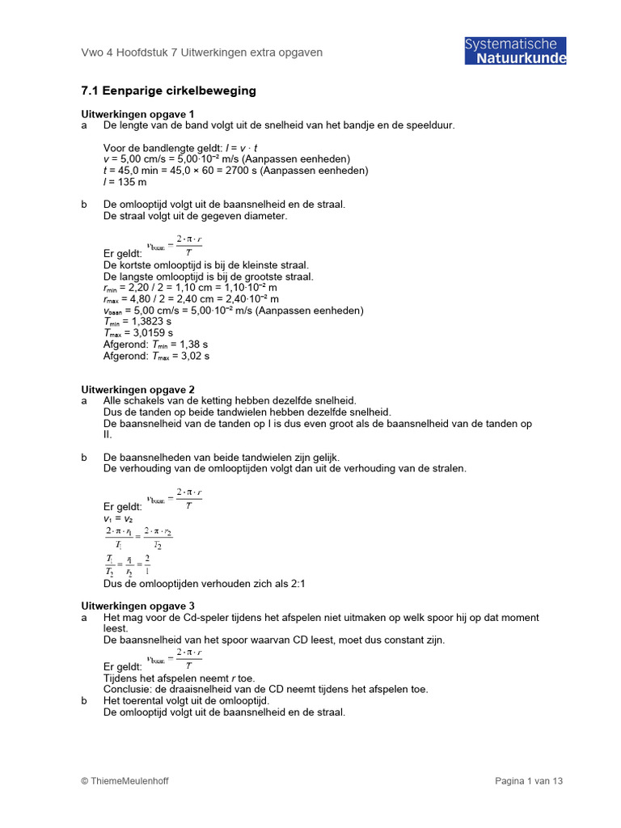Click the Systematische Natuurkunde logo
tap(515, 51)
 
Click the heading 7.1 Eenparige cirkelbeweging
tap(168, 91)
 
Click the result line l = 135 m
tap(125, 182)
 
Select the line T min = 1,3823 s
tap(137, 321)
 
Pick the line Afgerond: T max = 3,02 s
tap(156, 355)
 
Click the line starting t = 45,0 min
tap(235, 171)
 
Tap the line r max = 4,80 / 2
tap(190, 298)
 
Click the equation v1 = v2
tap(118, 518)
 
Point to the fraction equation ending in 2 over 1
tap(128, 564)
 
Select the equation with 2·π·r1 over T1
tap(138, 537)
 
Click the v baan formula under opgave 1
tap(174, 246)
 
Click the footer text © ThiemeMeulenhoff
tap(125, 780)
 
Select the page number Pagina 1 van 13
tap(528, 780)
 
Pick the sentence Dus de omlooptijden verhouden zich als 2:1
tap(204, 583)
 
